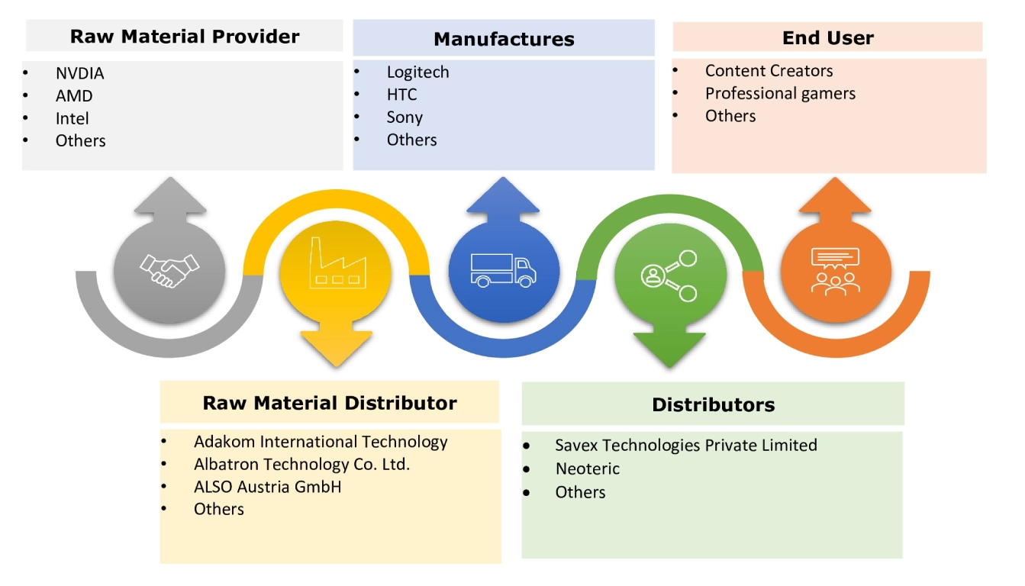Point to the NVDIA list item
[79, 74]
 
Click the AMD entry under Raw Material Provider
[74, 96]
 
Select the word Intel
[72, 118]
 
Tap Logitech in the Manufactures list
[417, 72]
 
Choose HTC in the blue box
[401, 95]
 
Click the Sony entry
[405, 118]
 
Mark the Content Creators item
[769, 71]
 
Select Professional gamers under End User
[780, 94]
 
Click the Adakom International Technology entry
[321, 442]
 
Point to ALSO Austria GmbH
[267, 487]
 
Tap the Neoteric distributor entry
[587, 468]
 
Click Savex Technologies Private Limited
[685, 445]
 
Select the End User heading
[828, 37]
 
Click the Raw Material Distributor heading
[330, 403]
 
